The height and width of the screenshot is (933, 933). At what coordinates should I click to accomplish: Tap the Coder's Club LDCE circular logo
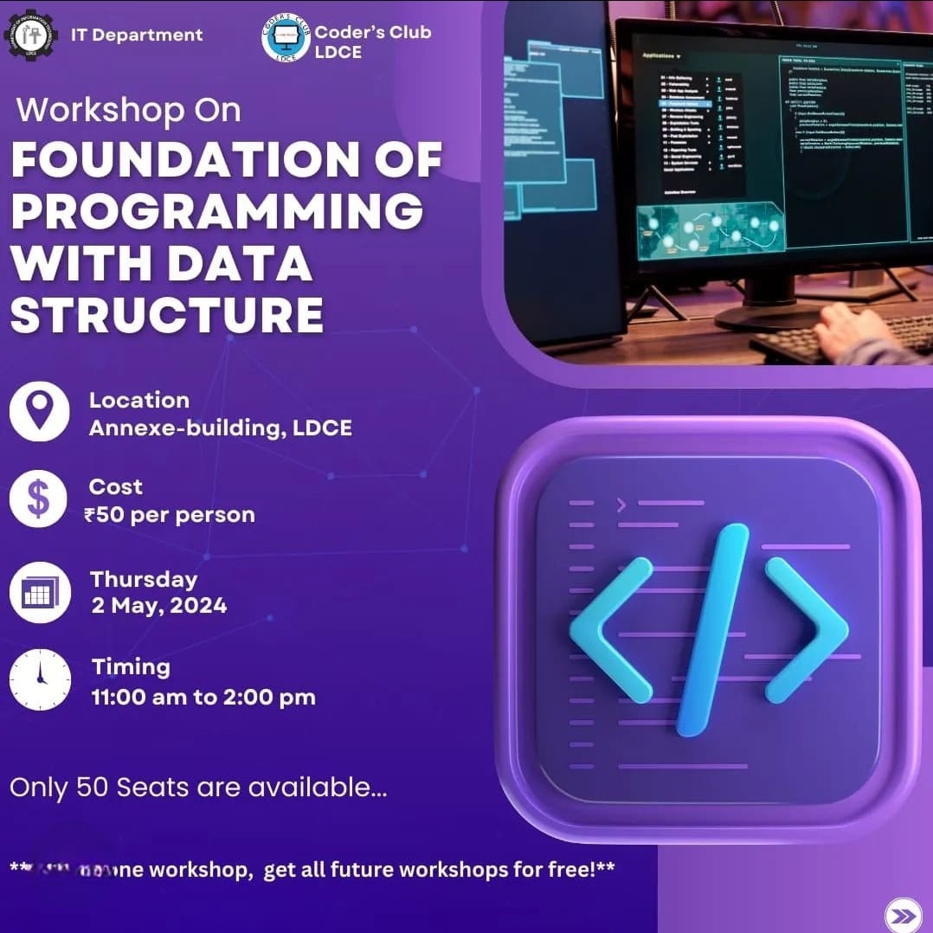pos(286,38)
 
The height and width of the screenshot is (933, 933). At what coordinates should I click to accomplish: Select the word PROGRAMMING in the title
pos(217,211)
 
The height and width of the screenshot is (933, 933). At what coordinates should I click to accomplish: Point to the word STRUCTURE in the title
pos(167,315)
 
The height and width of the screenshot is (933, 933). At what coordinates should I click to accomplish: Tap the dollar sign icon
pos(39,499)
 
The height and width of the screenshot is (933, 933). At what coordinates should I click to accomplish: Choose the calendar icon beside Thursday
pos(39,592)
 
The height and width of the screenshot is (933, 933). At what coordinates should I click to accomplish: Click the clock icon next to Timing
pos(39,679)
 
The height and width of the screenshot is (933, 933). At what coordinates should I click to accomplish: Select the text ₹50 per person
pos(170,515)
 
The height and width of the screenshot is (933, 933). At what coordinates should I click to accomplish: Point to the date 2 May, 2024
pos(159,605)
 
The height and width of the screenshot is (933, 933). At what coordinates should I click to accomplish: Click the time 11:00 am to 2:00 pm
pos(203,696)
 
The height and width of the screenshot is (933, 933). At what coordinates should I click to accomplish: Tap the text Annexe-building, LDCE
pos(221,428)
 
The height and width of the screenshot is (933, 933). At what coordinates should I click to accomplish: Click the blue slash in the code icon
pos(711,629)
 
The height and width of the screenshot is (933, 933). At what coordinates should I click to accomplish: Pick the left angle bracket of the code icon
pos(611,629)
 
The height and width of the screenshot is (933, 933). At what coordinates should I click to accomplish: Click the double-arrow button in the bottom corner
pos(902,916)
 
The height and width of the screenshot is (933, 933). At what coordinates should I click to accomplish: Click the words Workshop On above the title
pos(129,110)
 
